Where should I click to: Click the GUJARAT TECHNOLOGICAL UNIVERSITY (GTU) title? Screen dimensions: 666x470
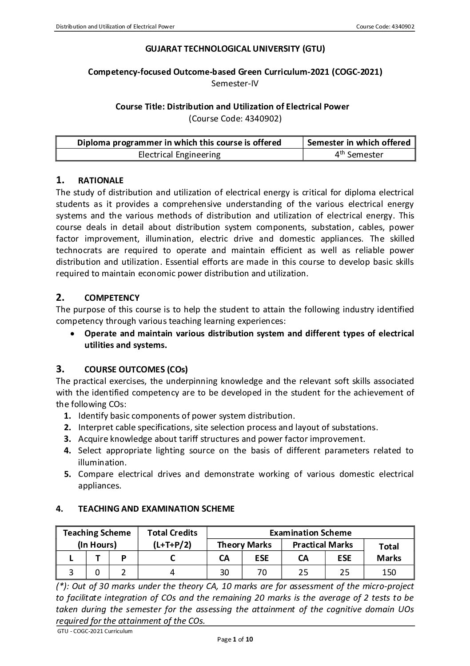pos(235,49)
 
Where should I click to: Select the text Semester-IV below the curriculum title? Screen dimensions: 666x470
pos(235,83)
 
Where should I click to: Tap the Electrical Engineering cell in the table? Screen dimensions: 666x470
pos(179,154)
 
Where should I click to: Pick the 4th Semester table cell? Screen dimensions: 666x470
pos(359,154)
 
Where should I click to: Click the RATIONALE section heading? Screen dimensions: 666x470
pos(100,181)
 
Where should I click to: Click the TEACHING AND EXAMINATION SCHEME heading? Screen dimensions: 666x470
pos(156,509)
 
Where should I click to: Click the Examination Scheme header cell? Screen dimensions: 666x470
pos(310,533)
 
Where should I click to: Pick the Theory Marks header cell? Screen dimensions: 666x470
pos(244,545)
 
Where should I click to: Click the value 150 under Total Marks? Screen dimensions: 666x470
pos(389,572)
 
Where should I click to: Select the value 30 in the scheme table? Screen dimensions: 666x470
pos(224,572)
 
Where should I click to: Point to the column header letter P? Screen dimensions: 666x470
pos(123,558)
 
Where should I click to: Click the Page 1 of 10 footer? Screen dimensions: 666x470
pos(235,640)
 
